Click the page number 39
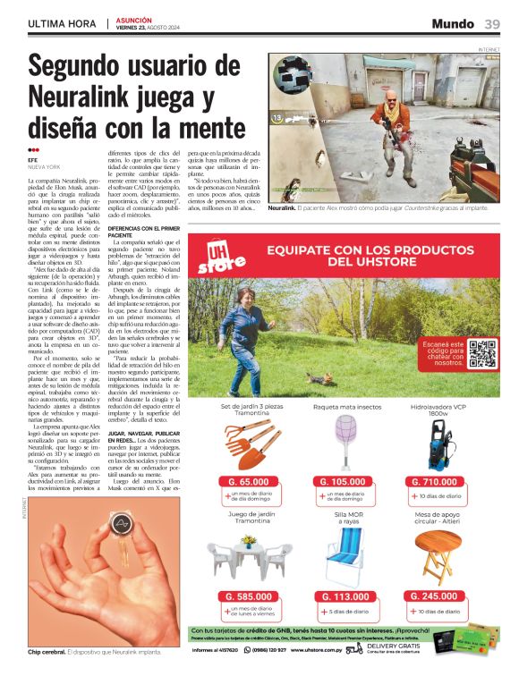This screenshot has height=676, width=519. point(493,23)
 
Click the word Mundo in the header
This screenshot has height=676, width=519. point(453,23)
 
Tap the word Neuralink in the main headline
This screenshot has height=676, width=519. point(80,96)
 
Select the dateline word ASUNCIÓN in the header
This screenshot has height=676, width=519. point(133,19)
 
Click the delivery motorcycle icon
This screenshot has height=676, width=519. point(355,648)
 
